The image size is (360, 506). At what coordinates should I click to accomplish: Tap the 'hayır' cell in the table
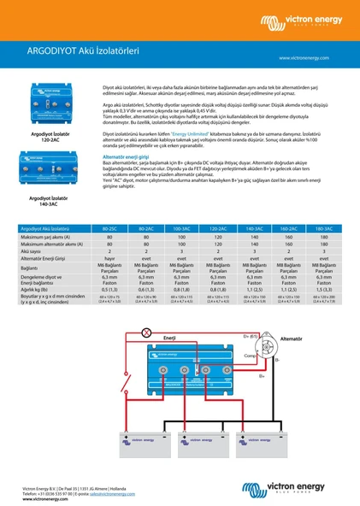[x=109, y=258]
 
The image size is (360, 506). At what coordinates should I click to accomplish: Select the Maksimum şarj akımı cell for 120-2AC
[x=217, y=238]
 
